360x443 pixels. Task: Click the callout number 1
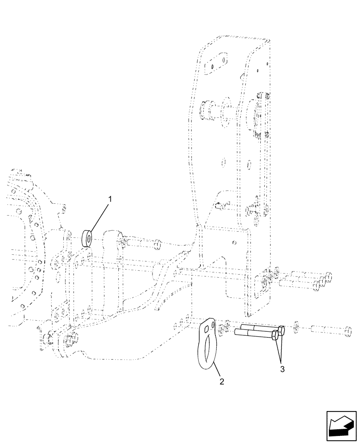(x=110, y=199)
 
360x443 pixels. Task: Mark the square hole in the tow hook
(x=207, y=328)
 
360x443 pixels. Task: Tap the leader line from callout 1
(x=99, y=217)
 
